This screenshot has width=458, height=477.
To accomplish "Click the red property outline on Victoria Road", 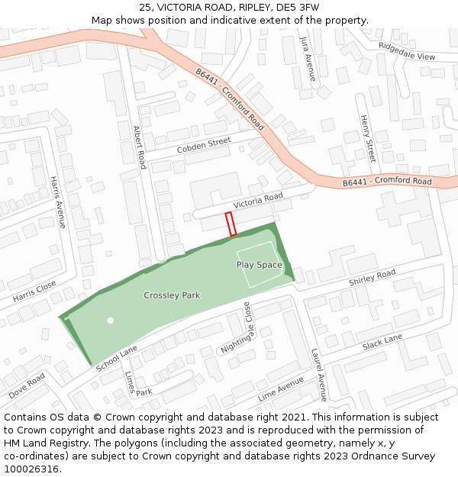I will (x=231, y=224).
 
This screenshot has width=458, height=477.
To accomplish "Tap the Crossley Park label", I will (x=172, y=295).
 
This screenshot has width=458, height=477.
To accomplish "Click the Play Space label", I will (x=259, y=265).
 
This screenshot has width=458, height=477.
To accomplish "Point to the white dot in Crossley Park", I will (x=111, y=321).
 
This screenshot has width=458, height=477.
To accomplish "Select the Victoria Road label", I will (x=258, y=201).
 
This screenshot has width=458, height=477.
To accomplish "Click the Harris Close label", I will (x=34, y=291).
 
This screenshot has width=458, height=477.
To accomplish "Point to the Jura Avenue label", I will (x=308, y=58).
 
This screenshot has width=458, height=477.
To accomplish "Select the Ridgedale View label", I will (x=407, y=51).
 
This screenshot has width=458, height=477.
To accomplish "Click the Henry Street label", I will (x=367, y=139).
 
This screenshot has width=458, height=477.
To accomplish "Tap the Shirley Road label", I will (x=373, y=278).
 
